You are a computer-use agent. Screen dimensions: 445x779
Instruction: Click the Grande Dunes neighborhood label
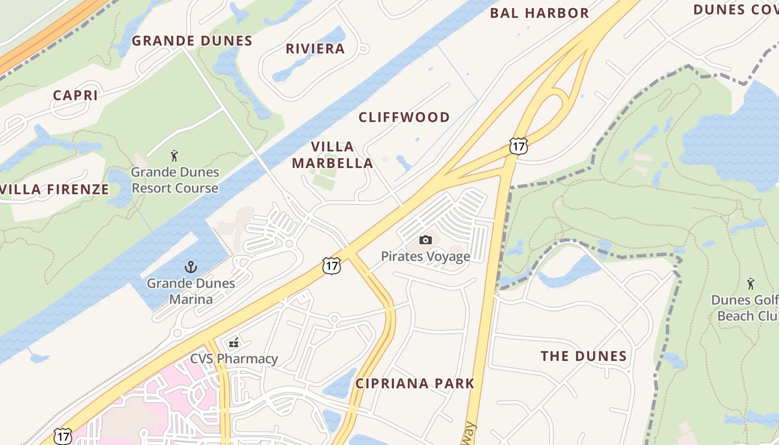click(x=192, y=41)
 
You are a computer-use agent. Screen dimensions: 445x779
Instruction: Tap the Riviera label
click(x=315, y=48)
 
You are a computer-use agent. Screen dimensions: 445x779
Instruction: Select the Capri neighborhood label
click(x=76, y=95)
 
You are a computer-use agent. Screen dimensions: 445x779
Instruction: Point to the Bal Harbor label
click(x=539, y=13)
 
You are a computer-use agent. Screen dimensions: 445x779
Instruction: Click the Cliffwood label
click(x=404, y=117)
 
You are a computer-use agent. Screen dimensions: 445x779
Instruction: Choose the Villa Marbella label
click(x=332, y=155)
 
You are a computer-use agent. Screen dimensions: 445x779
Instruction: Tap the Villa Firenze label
click(x=55, y=189)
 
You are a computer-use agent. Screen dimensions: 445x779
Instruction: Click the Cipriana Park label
click(x=415, y=383)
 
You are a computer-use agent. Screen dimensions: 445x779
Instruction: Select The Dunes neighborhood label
click(x=584, y=356)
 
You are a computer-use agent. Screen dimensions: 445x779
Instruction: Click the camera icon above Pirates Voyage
click(x=426, y=240)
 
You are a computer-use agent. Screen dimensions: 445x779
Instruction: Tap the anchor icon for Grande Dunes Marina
click(x=191, y=267)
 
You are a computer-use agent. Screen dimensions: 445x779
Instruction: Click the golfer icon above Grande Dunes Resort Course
click(x=174, y=156)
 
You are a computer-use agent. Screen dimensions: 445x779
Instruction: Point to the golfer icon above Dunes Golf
click(x=751, y=284)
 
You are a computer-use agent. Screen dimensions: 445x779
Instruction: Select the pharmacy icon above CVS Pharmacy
click(x=234, y=343)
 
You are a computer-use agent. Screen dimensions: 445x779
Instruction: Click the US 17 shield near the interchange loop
click(x=518, y=146)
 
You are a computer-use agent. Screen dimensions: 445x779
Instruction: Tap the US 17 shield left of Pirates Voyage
click(x=332, y=266)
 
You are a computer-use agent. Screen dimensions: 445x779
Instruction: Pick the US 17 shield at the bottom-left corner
click(x=63, y=436)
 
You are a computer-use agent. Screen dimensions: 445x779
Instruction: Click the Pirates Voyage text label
click(x=426, y=256)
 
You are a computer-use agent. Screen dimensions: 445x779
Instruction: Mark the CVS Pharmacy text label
click(x=234, y=359)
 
